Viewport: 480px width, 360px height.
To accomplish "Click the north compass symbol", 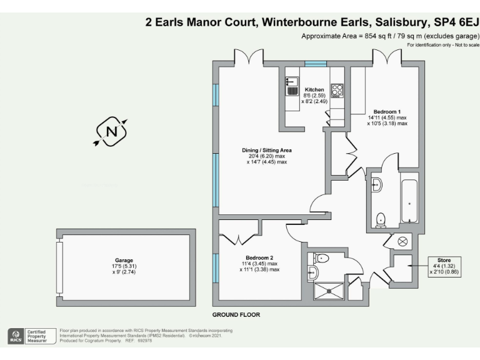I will pos(111,131).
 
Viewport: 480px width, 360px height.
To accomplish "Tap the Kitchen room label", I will pos(314,90).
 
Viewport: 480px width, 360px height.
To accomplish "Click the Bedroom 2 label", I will pos(259,258).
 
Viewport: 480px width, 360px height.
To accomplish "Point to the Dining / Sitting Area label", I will pos(267,151).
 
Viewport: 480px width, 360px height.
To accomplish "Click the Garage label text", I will pos(124,261).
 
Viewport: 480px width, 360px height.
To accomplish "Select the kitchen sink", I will pos(292,86).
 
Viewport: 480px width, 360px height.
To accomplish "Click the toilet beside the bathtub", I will pos(381,219).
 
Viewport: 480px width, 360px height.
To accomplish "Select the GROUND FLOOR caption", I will pos(236,314).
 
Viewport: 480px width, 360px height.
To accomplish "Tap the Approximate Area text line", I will pos(390,36).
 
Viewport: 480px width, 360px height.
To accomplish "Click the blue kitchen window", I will pos(316,63).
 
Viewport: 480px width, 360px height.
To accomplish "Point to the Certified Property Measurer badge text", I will pos(36,336).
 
